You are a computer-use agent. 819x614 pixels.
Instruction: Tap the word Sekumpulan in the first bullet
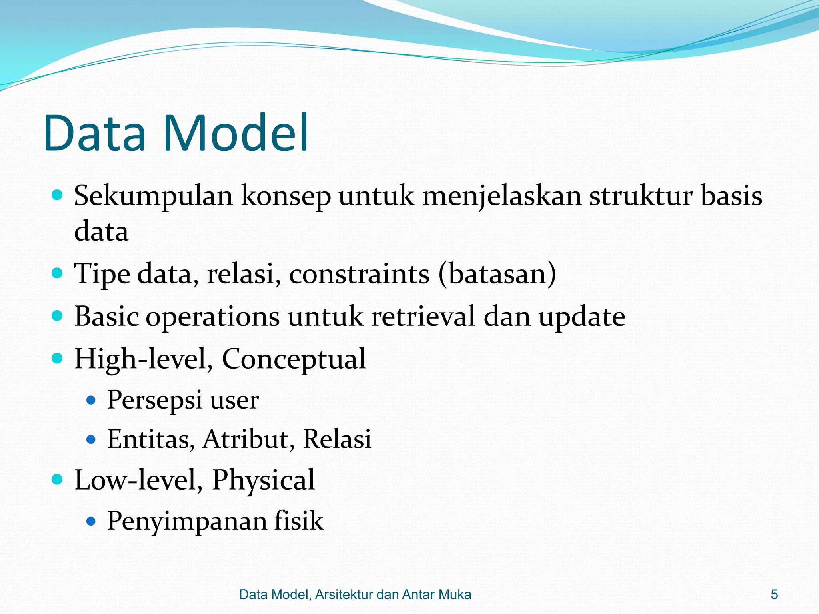(x=153, y=197)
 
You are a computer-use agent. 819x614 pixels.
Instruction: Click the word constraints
(x=359, y=274)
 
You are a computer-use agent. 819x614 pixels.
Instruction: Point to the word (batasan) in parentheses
(x=497, y=274)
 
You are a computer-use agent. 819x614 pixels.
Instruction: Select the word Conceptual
(x=294, y=359)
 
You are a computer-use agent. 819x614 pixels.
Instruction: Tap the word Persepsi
(x=155, y=400)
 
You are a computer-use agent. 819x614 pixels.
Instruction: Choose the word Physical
(x=263, y=480)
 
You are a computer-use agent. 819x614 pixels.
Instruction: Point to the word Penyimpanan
(x=187, y=521)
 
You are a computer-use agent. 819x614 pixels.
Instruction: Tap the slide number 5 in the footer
(x=774, y=594)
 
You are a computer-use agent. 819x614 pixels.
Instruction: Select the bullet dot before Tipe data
(x=58, y=273)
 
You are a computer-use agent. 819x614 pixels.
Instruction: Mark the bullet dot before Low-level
(x=58, y=479)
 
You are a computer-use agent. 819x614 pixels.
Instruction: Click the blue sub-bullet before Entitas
(x=91, y=439)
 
